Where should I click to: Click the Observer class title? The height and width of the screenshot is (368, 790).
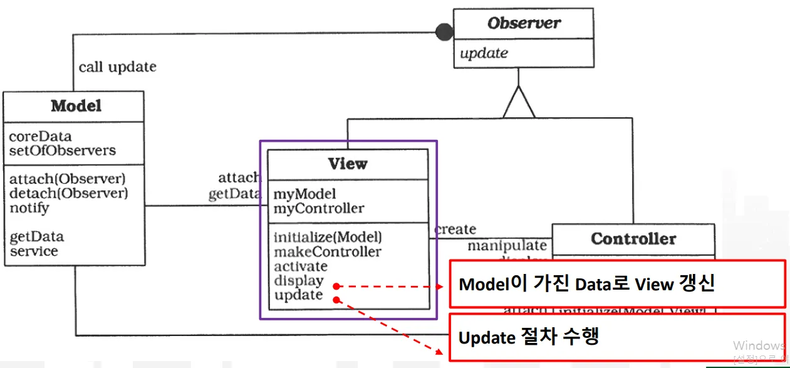click(524, 24)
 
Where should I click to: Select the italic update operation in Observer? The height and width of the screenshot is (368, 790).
click(484, 54)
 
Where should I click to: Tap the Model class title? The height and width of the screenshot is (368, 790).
click(76, 106)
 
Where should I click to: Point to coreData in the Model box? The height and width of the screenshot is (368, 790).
click(40, 137)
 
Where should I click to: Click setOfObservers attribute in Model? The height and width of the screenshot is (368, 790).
click(62, 150)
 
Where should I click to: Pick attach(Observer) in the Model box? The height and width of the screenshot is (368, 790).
click(68, 179)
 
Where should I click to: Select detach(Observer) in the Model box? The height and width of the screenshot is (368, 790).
click(68, 193)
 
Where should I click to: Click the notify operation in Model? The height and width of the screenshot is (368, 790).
click(29, 208)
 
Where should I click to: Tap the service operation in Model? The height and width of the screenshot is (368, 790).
click(34, 251)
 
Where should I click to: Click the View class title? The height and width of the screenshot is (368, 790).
click(348, 164)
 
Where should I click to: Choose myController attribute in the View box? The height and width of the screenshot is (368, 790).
click(318, 208)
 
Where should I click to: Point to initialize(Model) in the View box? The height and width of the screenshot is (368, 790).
click(328, 237)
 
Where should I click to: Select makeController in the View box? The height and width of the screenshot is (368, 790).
click(327, 252)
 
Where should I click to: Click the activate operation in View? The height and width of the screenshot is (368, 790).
click(301, 266)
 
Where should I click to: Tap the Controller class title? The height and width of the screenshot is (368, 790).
click(633, 239)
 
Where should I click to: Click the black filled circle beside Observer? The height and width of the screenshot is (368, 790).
click(444, 31)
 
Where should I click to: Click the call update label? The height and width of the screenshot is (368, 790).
click(117, 66)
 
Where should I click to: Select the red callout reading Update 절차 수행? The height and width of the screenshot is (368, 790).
click(617, 337)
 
